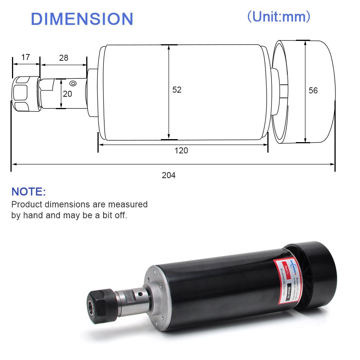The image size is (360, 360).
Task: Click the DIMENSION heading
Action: click(82, 19)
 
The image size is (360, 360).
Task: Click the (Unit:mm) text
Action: click(279, 16)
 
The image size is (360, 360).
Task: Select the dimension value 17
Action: click(25, 57)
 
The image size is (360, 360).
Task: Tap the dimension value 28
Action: click(64, 58)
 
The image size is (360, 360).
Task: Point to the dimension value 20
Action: click(67, 94)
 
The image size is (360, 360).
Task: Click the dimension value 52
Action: click(177, 90)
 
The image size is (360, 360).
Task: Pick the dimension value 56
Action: click(313, 90)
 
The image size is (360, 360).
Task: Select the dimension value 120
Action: click(181, 151)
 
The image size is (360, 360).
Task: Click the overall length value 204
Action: click(168, 175)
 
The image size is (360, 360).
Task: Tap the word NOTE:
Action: click(28, 192)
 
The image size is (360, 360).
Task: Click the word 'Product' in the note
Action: click(26, 204)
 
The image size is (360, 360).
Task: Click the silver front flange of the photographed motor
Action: click(157, 296)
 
